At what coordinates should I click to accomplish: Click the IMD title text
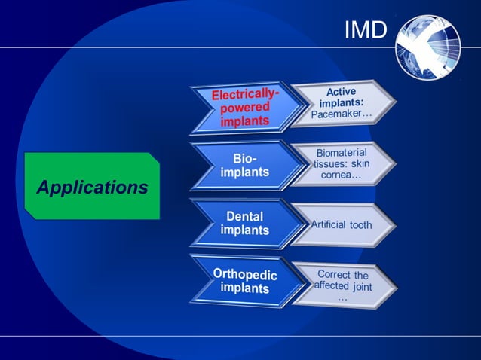(366, 29)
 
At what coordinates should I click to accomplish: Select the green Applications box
(92, 186)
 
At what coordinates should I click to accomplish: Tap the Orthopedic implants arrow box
(240, 280)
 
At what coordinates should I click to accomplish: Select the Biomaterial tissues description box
(342, 163)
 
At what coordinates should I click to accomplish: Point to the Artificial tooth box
(342, 224)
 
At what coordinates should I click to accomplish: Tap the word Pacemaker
(342, 114)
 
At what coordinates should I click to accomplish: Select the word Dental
(244, 216)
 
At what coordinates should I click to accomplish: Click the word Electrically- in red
(245, 95)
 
